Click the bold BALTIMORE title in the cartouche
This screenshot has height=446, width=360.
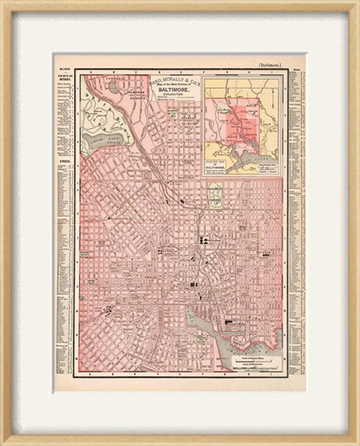coord(174,90)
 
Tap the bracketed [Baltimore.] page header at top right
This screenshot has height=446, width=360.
coord(270,65)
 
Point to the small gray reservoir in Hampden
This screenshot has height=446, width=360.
coord(113,86)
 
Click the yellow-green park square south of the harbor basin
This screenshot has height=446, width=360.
coord(201,340)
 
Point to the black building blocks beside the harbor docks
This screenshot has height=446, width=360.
coord(228,322)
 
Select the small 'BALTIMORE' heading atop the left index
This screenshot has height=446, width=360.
coord(64,68)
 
